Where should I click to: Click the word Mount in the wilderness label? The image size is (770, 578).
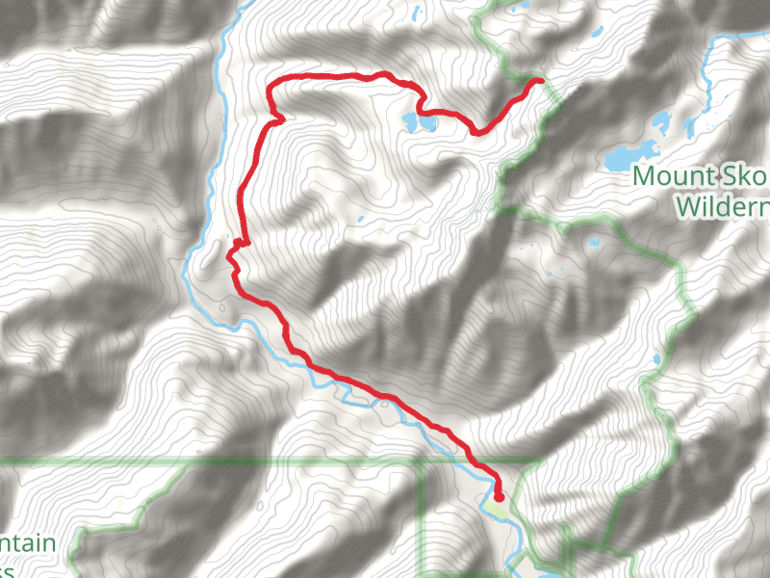pyautogui.click(x=668, y=177)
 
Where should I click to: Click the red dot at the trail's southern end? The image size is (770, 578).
pyautogui.click(x=498, y=496)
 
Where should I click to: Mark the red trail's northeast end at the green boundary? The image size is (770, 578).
pyautogui.click(x=541, y=81)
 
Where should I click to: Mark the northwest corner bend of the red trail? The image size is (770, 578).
pyautogui.click(x=270, y=88)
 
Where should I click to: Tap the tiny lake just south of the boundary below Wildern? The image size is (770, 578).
pyautogui.click(x=594, y=241)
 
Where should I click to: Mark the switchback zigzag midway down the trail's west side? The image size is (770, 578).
pyautogui.click(x=234, y=252)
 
